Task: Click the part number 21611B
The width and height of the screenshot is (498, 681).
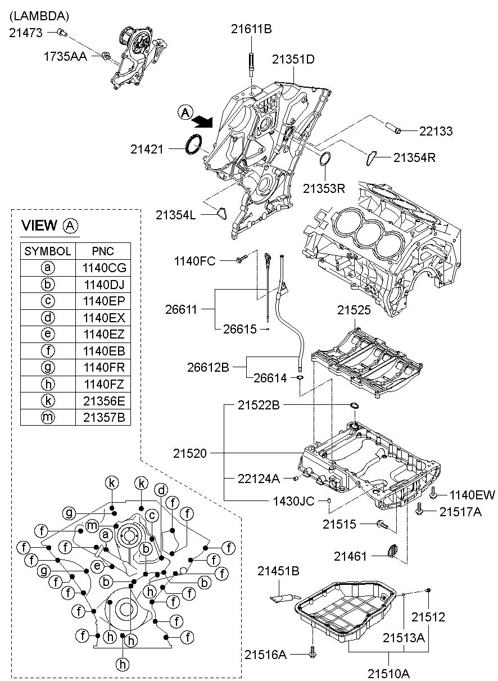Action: (251, 29)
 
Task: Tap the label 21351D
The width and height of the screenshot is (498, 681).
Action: (293, 58)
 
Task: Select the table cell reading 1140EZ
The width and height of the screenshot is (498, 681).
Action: (103, 333)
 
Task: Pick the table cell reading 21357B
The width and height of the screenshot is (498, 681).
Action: (103, 417)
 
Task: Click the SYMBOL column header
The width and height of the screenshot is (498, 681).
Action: (48, 251)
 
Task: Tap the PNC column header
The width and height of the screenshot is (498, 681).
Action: (103, 251)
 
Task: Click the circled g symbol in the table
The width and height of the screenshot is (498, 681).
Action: (48, 367)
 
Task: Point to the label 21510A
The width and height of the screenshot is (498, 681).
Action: (389, 672)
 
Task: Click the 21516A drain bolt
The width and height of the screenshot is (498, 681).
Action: (313, 654)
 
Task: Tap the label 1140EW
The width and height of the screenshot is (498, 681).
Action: (472, 495)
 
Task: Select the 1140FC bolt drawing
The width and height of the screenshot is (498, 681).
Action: (242, 259)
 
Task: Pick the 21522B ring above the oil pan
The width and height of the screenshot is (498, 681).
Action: (355, 405)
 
